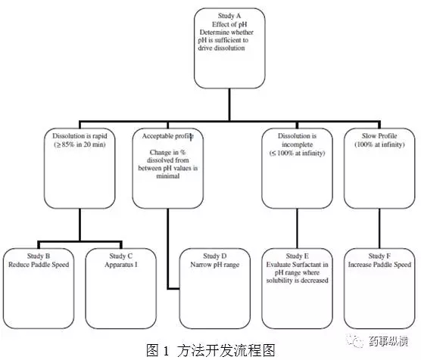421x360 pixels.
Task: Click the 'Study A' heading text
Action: point(229,16)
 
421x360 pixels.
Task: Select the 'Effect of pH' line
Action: point(229,24)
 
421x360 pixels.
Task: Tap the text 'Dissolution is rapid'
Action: point(80,136)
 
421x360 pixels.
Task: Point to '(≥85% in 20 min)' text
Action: point(80,144)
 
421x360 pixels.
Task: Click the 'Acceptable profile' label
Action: point(168,136)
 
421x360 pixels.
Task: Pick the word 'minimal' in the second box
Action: point(168,176)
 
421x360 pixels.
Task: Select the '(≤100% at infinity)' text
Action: point(297,153)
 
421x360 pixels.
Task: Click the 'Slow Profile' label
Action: point(379,135)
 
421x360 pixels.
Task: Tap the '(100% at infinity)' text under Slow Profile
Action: point(379,144)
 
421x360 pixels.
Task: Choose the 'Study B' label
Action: point(39,256)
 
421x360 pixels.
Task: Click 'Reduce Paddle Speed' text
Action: point(39,265)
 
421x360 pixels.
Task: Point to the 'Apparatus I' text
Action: point(121,265)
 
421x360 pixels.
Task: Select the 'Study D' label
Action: point(214,256)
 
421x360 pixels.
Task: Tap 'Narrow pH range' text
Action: point(214,265)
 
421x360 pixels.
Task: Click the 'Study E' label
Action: point(297,256)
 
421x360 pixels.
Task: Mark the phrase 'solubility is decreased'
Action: point(297,281)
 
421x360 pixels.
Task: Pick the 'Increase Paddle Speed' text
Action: point(379,265)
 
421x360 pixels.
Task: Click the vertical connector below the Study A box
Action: point(229,104)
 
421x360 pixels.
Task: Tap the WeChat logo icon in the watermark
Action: point(355,340)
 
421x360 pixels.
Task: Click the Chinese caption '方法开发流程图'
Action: point(226,351)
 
